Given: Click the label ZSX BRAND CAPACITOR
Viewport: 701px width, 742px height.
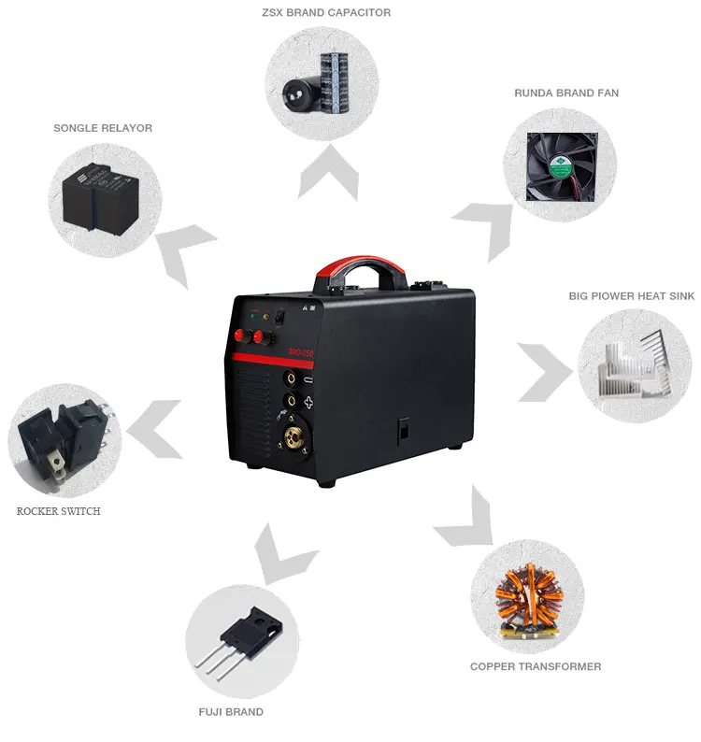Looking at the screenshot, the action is pos(325,13).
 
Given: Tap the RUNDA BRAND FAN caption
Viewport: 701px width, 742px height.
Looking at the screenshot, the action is pos(566,93).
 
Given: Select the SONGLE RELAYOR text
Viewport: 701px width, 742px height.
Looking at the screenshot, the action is pos(103,128).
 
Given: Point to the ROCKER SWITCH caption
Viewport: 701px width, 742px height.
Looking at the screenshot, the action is pos(59,511).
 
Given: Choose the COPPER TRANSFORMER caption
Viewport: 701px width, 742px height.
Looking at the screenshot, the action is pos(536,666).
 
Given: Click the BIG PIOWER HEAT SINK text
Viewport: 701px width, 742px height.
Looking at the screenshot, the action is pos(632,296).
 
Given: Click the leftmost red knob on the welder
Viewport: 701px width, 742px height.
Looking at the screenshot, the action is pos(250,335).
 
